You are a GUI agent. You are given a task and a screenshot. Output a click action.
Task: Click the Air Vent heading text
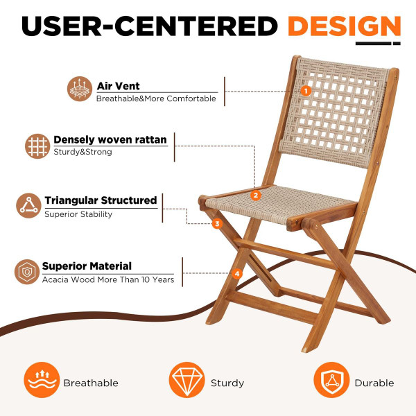click(x=118, y=86)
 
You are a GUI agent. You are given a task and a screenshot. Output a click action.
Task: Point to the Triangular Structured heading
click(x=101, y=200)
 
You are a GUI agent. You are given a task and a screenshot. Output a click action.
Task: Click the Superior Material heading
click(x=87, y=266)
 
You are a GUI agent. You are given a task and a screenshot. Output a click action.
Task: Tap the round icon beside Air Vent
click(x=80, y=91)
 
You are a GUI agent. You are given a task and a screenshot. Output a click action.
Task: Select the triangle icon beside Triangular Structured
click(x=28, y=206)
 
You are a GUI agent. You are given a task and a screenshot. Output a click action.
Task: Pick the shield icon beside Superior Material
click(x=27, y=272)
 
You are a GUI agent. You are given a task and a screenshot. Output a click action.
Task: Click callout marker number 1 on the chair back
click(x=306, y=90)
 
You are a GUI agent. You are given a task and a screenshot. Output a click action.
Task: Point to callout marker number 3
click(x=217, y=224)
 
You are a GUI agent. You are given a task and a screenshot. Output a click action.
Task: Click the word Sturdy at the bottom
click(x=227, y=383)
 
